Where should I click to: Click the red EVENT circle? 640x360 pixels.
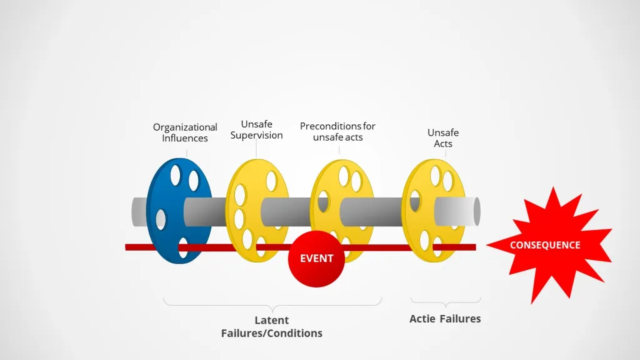(x=316, y=258)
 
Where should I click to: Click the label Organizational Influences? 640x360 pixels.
(x=185, y=132)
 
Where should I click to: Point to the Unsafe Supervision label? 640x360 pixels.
(x=256, y=129)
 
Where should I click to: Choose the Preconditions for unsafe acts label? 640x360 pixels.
(x=337, y=131)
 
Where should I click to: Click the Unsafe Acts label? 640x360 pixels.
(x=443, y=138)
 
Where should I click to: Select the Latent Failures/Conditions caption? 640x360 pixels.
(x=272, y=327)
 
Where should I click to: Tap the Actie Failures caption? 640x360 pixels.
(x=445, y=319)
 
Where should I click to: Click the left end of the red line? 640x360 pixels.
(x=127, y=247)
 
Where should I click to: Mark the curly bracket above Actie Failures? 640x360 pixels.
(x=445, y=302)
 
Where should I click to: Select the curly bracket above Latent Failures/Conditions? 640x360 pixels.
(x=272, y=302)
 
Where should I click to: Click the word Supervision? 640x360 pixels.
(x=256, y=135)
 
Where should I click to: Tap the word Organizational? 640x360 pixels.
(x=185, y=127)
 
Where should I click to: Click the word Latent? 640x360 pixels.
(x=272, y=321)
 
